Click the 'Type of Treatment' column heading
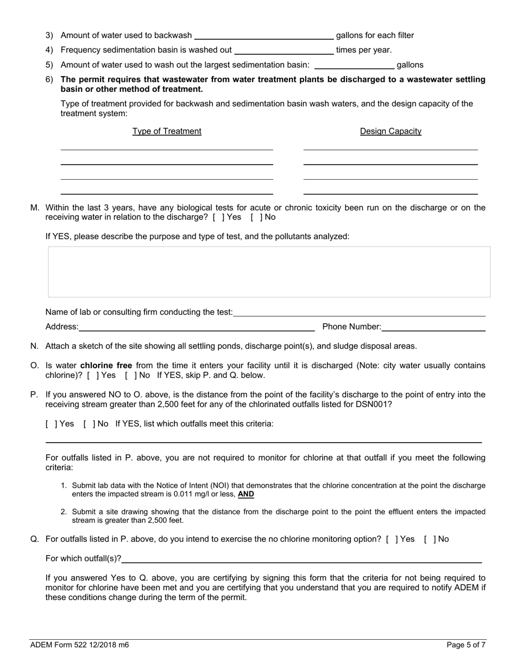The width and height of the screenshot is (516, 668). pyautogui.click(x=167, y=131)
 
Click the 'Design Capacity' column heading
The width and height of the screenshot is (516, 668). pyautogui.click(x=391, y=131)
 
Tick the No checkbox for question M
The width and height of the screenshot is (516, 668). pyautogui.click(x=253, y=217)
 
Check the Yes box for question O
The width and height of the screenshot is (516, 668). pyautogui.click(x=90, y=375)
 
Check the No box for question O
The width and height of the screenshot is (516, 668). pyautogui.click(x=128, y=375)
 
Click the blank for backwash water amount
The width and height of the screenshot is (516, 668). pyautogui.click(x=264, y=36)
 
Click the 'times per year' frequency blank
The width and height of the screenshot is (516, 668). pyautogui.click(x=283, y=51)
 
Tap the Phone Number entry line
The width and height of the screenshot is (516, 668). pyautogui.click(x=433, y=327)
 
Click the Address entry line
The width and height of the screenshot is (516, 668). pyautogui.click(x=197, y=327)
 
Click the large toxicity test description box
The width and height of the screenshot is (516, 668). pyautogui.click(x=269, y=272)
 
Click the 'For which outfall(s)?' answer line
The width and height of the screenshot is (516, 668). pyautogui.click(x=301, y=559)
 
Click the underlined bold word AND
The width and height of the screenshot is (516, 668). pyautogui.click(x=246, y=495)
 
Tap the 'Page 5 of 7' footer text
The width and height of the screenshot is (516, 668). pyautogui.click(x=466, y=645)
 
